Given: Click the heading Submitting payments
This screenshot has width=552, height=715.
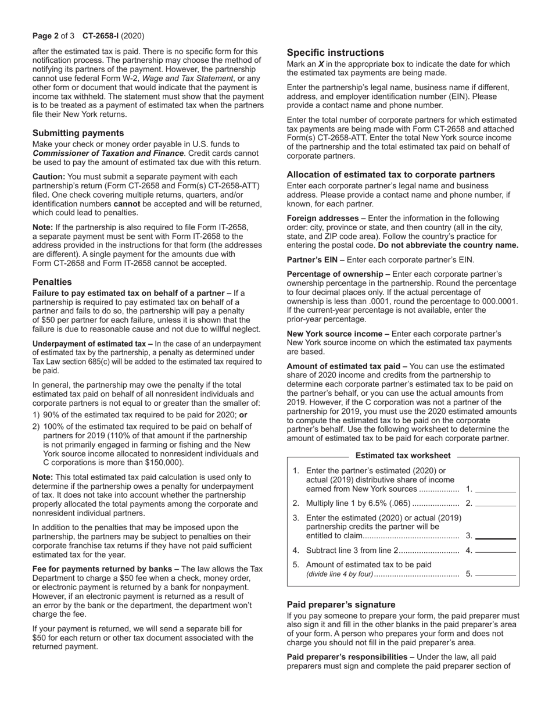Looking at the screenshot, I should point(78,133).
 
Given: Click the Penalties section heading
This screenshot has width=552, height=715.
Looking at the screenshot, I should point(52,282).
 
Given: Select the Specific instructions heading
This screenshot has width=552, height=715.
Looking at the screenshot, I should point(335,52).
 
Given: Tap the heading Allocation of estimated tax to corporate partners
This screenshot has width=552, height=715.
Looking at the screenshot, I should point(390,174).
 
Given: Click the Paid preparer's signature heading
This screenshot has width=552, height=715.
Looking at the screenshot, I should point(341,605).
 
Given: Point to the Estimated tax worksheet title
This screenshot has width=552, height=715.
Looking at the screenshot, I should point(402,456).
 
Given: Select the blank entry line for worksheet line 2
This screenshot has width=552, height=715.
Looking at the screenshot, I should point(496,503).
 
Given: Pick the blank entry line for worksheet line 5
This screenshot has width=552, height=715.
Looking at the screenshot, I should point(496,574).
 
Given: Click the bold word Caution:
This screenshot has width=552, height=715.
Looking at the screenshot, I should point(49,176).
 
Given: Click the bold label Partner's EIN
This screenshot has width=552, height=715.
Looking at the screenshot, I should point(311,260).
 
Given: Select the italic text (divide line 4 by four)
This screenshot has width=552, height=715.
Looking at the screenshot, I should point(339,574).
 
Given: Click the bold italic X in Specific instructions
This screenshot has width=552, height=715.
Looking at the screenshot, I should point(321,64).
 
